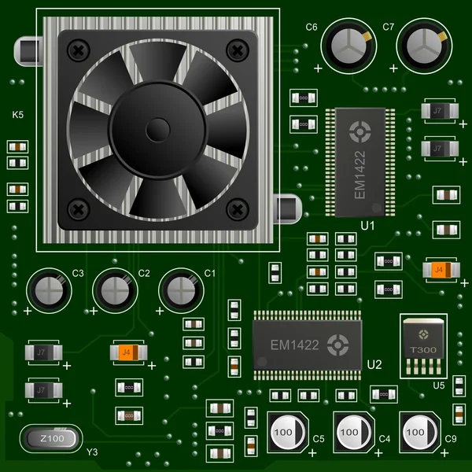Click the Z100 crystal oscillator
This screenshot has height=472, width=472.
(50, 438)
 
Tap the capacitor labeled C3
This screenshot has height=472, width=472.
(48, 290)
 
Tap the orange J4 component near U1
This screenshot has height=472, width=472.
(439, 270)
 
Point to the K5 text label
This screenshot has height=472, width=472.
(18, 115)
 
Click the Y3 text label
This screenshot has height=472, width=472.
(92, 452)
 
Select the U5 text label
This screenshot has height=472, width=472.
(438, 385)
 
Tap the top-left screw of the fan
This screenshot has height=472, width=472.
(77, 50)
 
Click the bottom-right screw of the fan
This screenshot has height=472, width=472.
(237, 209)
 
